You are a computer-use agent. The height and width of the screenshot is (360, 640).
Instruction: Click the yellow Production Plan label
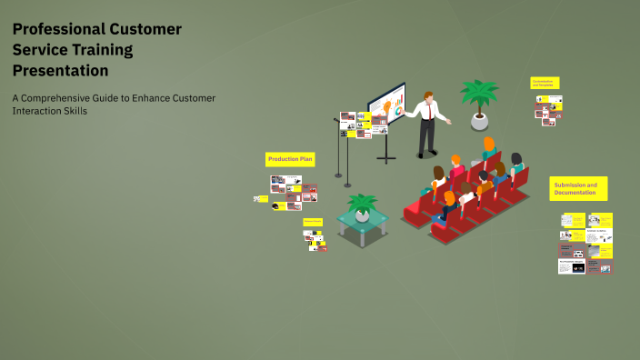pos(290,159)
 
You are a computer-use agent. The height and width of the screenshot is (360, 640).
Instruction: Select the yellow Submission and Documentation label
pos(578,188)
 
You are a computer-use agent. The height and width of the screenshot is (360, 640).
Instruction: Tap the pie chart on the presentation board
pos(397,111)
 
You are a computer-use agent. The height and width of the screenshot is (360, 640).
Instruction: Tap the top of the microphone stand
pos(337,120)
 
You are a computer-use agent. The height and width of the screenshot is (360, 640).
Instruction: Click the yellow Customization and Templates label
pos(545,83)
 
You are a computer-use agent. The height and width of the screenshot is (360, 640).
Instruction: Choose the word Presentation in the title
pos(60,71)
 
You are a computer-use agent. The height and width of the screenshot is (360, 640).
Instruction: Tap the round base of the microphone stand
pos(338,175)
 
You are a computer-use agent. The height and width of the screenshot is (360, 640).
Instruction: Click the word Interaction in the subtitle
pos(35,111)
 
